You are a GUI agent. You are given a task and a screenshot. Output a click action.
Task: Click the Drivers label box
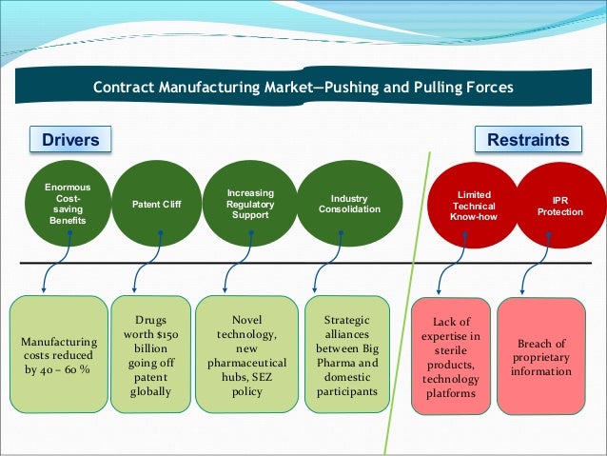click(70, 141)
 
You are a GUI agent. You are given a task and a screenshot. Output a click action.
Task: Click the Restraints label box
click(528, 141)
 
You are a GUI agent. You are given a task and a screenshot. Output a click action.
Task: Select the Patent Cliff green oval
click(156, 204)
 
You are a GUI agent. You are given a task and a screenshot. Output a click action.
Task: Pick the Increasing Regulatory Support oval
click(249, 204)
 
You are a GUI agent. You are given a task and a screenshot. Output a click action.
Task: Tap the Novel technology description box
click(246, 354)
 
